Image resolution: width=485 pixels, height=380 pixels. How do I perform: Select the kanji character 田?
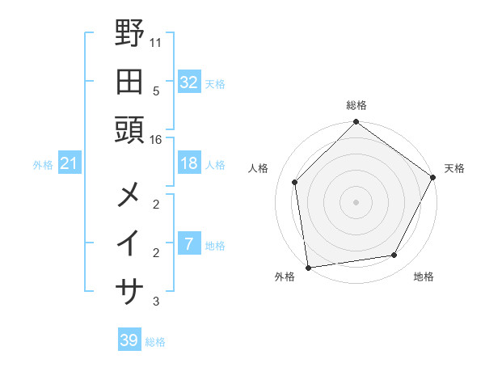coord(130,81)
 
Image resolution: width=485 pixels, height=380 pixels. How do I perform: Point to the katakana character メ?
coord(130,196)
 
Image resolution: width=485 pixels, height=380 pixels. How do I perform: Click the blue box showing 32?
coord(188,82)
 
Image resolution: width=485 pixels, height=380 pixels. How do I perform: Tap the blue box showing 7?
coord(188,244)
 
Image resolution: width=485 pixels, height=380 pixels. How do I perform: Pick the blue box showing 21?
coord(69,164)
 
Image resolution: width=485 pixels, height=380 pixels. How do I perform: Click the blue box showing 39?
coord(129,340)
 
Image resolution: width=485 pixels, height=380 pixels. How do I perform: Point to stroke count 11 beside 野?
coord(156,41)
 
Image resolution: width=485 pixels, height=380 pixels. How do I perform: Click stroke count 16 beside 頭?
coord(156,139)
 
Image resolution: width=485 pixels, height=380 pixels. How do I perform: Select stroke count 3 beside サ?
coord(156,302)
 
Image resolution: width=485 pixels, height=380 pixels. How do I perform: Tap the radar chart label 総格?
coord(356,105)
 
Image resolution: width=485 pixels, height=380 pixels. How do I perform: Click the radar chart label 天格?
coord(454,168)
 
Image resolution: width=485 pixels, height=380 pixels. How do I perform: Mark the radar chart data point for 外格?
coord(308,267)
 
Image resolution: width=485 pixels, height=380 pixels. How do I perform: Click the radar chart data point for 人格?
coord(295,182)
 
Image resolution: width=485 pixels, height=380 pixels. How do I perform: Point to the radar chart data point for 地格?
coord(394,255)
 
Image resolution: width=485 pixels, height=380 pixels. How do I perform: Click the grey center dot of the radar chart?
coord(356,201)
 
